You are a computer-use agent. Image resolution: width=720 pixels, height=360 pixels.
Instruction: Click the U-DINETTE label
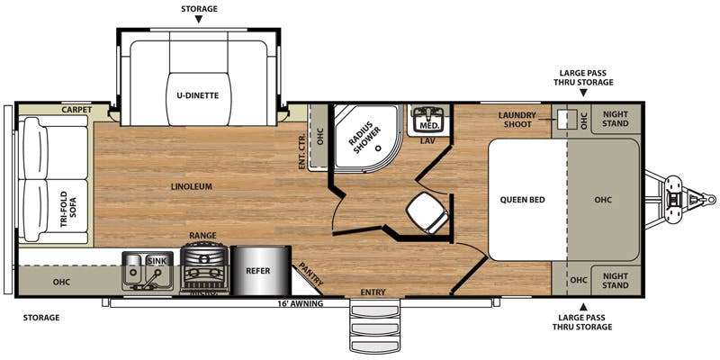(x=197, y=96)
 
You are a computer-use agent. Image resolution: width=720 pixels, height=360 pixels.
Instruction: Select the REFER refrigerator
(x=261, y=271)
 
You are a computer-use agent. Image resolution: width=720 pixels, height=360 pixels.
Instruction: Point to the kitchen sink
(x=148, y=271)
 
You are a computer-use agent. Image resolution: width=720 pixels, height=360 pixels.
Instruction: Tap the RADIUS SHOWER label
(x=364, y=136)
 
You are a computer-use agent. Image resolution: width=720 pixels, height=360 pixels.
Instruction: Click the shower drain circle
(x=379, y=148)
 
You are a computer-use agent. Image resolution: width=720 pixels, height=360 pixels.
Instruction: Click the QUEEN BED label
(x=523, y=200)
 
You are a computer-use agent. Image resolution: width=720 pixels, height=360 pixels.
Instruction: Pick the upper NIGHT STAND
(x=616, y=119)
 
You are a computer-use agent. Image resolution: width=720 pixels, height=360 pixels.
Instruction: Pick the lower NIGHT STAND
(x=616, y=281)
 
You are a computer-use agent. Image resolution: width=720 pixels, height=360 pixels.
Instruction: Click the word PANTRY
(x=311, y=274)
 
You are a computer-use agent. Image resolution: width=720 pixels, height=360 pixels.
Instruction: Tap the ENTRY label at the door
(x=373, y=292)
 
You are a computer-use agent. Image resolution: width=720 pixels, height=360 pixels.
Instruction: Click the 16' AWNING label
(x=301, y=303)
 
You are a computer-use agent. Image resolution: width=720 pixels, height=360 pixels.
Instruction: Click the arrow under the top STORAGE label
(x=198, y=19)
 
